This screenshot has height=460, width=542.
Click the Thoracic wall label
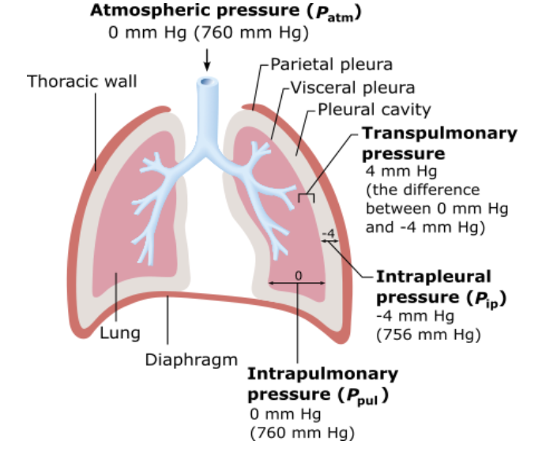[x=81, y=81]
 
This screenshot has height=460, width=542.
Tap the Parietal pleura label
[x=331, y=64]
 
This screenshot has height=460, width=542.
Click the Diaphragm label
[x=191, y=360]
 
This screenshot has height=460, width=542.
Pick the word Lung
[x=119, y=333]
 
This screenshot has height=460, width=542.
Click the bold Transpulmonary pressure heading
[x=438, y=142]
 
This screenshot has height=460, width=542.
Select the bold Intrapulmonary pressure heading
[x=322, y=383]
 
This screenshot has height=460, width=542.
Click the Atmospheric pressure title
[x=222, y=12]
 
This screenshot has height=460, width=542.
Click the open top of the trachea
[x=207, y=81]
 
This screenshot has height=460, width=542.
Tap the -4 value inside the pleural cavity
[x=329, y=234]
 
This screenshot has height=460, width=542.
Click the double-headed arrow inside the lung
[x=297, y=283]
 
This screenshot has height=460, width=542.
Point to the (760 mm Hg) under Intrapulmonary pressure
[x=301, y=432]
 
